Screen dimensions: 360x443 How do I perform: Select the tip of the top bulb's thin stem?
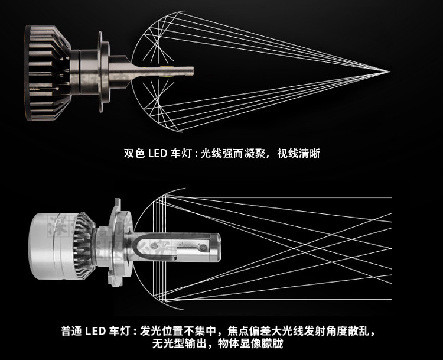tap(193, 72)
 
